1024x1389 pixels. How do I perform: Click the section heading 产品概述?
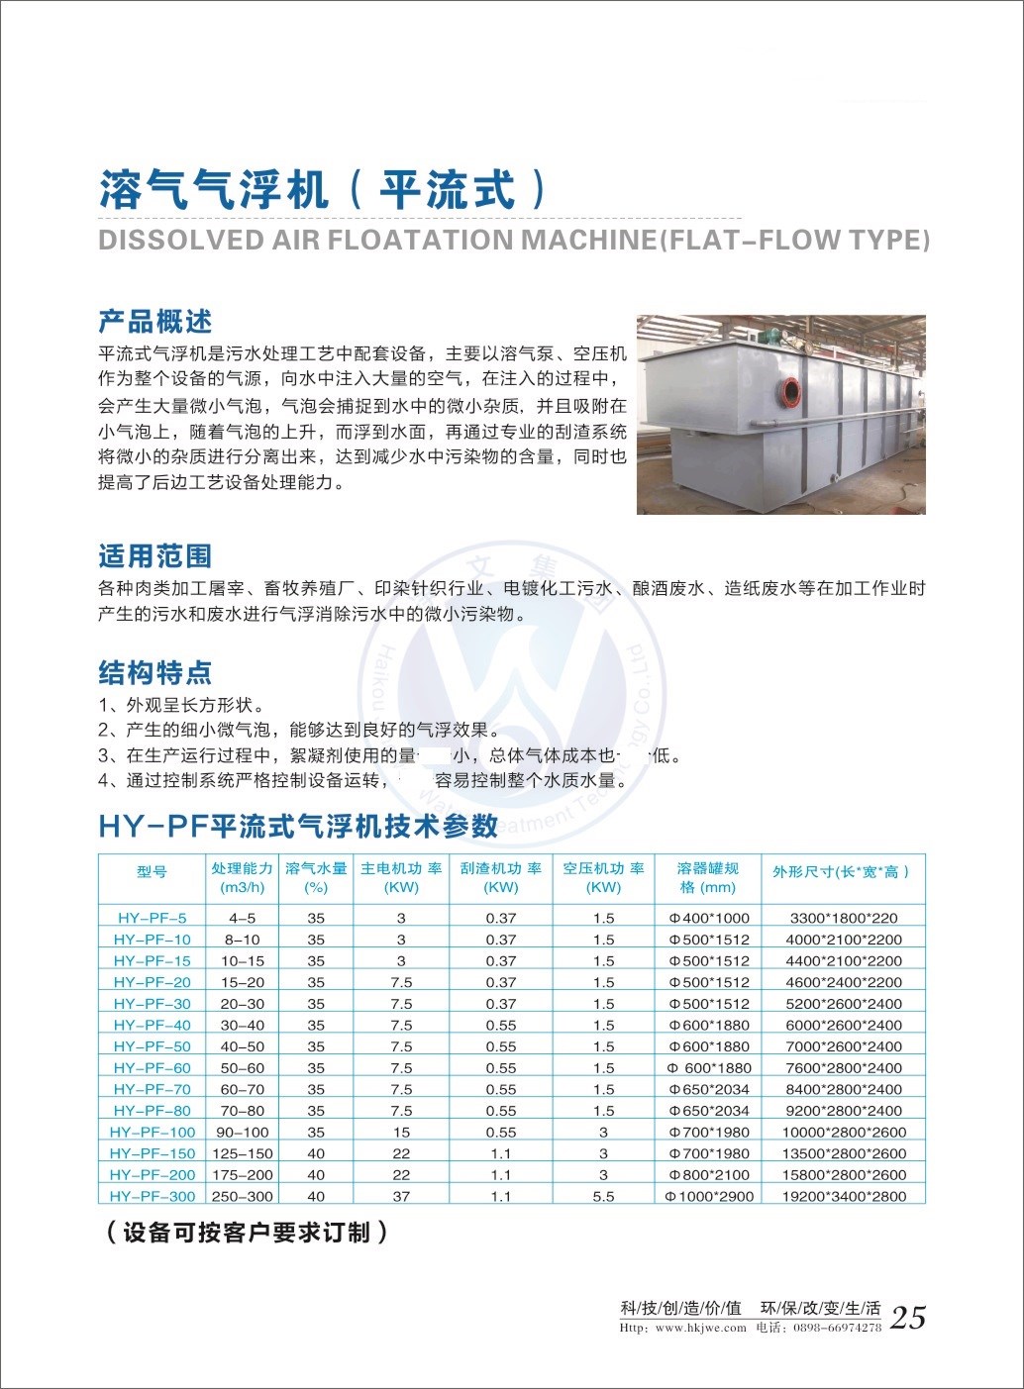[155, 322]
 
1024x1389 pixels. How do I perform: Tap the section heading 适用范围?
[155, 556]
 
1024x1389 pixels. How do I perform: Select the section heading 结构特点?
[155, 673]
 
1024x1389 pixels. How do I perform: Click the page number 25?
[908, 1318]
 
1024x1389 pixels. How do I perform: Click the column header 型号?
[153, 872]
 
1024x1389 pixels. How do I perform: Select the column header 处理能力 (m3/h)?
[242, 877]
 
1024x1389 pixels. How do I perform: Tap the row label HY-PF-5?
[153, 918]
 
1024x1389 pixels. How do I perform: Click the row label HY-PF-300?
[153, 1196]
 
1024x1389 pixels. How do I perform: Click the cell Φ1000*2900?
[709, 1196]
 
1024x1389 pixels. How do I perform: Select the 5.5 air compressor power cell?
[603, 1196]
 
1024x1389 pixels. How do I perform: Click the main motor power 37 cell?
[401, 1196]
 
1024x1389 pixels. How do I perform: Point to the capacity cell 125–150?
[242, 1153]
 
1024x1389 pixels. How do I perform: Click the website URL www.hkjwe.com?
[700, 1329]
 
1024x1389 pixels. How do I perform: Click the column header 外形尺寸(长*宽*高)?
[841, 872]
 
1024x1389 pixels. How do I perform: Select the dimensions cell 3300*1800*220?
[844, 918]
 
